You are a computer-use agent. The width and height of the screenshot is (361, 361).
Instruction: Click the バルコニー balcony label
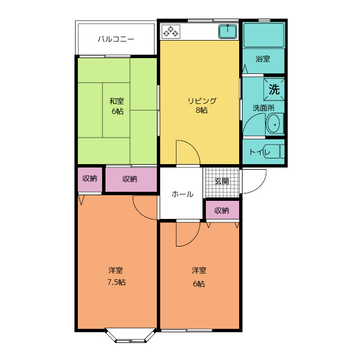pyautogui.click(x=116, y=39)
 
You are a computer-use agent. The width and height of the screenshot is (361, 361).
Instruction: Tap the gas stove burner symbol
pyautogui.click(x=170, y=32)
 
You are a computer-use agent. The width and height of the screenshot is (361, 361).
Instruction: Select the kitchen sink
pyautogui.click(x=228, y=32)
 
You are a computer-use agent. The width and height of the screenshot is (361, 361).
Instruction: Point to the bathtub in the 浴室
pyautogui.click(x=263, y=35)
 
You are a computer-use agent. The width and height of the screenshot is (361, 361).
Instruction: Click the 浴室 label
pyautogui.click(x=263, y=59)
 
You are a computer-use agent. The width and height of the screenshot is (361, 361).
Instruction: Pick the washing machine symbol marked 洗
pyautogui.click(x=274, y=89)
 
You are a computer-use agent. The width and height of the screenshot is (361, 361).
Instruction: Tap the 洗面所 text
pyautogui.click(x=263, y=108)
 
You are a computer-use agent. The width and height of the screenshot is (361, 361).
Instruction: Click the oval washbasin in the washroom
pyautogui.click(x=274, y=124)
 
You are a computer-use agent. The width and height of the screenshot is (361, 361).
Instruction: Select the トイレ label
pyautogui.click(x=259, y=152)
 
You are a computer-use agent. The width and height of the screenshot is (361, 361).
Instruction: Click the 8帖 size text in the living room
pyautogui.click(x=202, y=111)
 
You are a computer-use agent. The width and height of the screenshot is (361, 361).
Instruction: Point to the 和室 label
pyautogui.click(x=117, y=101)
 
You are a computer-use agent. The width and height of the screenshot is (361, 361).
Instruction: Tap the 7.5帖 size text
pyautogui.click(x=117, y=282)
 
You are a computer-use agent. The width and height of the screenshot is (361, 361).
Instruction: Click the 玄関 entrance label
pyautogui.click(x=222, y=181)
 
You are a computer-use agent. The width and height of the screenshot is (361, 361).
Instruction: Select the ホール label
pyautogui.click(x=182, y=194)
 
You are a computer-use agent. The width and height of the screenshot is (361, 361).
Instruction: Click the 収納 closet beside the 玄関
pyautogui.click(x=222, y=210)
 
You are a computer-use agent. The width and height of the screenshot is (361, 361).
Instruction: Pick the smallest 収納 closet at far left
pyautogui.click(x=90, y=180)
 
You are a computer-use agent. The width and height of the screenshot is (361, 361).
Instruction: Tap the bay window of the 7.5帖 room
pyautogui.click(x=130, y=336)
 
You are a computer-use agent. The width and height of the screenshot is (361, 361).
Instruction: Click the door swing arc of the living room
pyautogui.click(x=193, y=147)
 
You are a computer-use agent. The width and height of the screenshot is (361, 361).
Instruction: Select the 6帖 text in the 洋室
pyautogui.click(x=199, y=284)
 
